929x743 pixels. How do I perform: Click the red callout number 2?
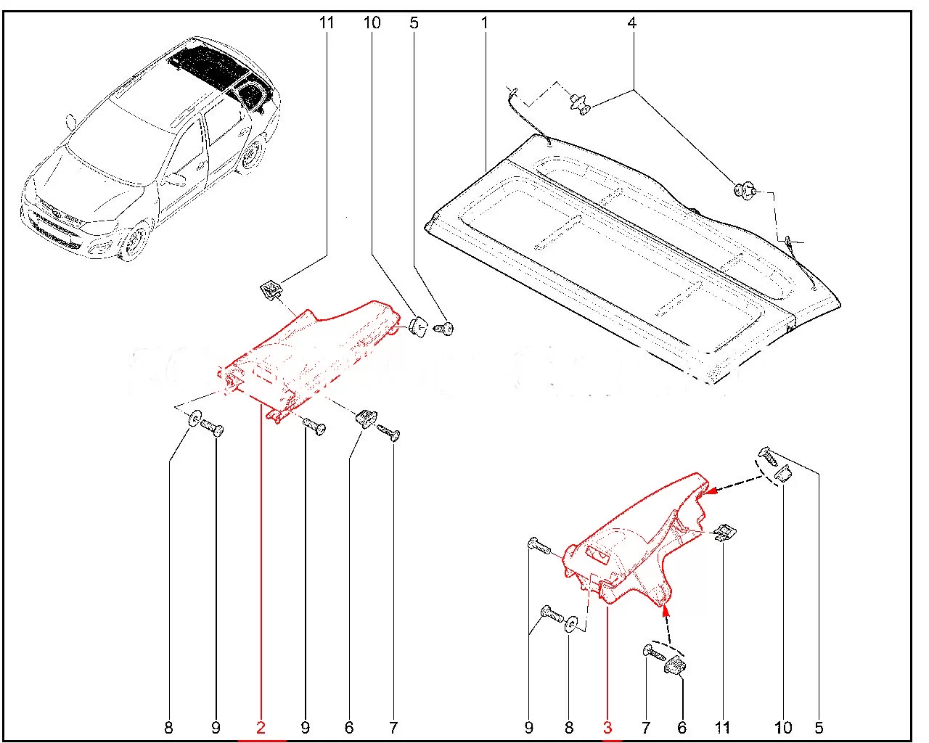tap(261, 727)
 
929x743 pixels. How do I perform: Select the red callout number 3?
tap(608, 727)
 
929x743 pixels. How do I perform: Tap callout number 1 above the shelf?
tap(484, 23)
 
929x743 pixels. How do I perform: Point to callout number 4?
tap(631, 23)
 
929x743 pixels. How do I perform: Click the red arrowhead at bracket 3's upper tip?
tap(712, 491)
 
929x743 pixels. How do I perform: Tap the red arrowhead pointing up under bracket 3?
tap(663, 609)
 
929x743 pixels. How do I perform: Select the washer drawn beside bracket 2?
tap(195, 419)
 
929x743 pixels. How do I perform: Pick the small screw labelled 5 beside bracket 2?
tap(444, 329)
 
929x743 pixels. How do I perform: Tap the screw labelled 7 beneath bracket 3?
tap(652, 653)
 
